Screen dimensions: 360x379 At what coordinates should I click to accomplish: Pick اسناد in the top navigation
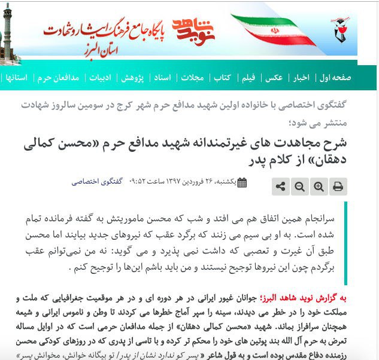pyautogui.click(x=162, y=78)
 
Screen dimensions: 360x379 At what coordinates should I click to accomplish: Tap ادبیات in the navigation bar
pyautogui.click(x=101, y=78)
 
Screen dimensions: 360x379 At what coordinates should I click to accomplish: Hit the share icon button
pyautogui.click(x=280, y=187)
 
